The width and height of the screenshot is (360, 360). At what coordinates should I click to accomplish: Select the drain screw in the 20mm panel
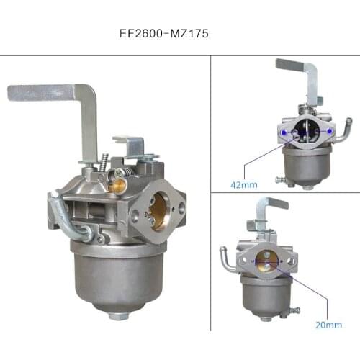293,311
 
